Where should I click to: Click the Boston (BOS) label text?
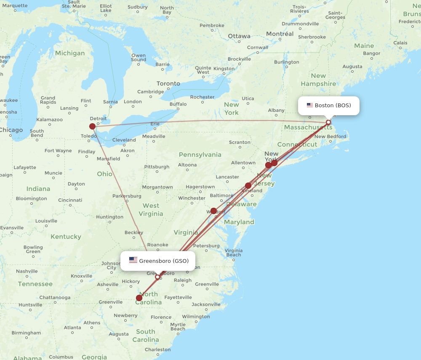tap(333, 105)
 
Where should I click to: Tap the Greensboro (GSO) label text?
tap(164, 261)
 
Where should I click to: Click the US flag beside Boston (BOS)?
tap(310, 105)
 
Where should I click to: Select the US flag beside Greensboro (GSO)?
tap(133, 260)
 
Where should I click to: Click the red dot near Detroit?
tap(93, 126)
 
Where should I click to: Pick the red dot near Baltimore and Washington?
tap(214, 211)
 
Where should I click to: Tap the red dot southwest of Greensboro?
tap(139, 298)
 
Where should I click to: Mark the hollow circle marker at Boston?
tap(328, 122)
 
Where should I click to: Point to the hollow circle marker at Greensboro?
tap(157, 277)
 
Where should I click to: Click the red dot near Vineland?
tap(248, 185)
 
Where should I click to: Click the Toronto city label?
tap(168, 84)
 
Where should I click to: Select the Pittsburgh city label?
tap(157, 167)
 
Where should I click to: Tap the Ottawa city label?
tap(239, 36)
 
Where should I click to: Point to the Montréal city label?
tap(280, 34)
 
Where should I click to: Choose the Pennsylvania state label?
tap(200, 154)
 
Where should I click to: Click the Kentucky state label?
tap(66, 236)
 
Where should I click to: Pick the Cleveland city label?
tap(124, 140)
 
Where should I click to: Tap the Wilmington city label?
tap(196, 317)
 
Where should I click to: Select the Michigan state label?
tap(70, 53)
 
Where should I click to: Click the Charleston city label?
tap(157, 349)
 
